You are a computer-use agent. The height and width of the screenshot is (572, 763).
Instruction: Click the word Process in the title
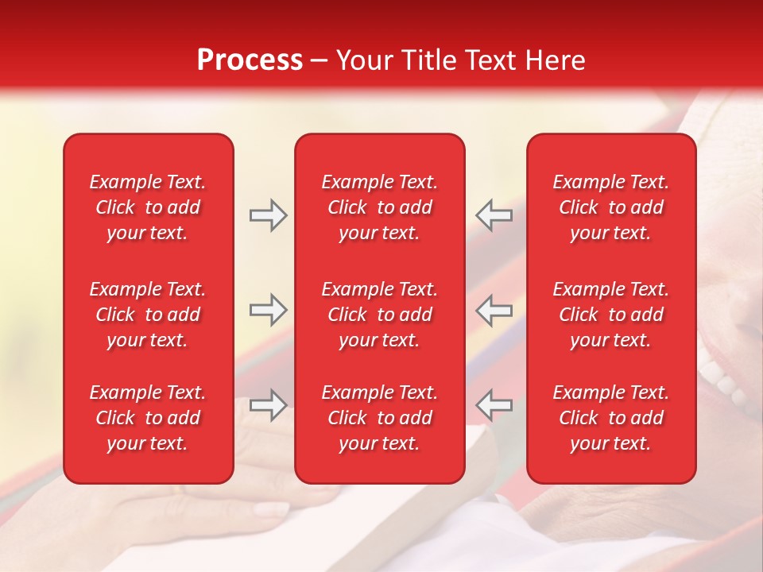pos(250,60)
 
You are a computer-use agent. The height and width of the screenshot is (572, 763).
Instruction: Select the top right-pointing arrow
pos(268,215)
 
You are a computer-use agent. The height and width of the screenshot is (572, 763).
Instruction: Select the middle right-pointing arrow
pos(268,310)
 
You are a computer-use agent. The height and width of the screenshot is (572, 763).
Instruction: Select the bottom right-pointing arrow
pos(268,404)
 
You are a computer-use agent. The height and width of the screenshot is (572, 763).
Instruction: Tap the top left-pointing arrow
pos(494,215)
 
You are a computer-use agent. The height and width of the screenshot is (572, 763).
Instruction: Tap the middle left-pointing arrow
pos(494,310)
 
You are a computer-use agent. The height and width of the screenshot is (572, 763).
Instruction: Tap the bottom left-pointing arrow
pos(494,404)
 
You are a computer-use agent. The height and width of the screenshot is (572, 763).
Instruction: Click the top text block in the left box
pos(148,207)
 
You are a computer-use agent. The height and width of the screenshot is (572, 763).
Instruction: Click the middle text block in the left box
pos(148,315)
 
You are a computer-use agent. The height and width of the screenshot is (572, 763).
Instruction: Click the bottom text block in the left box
pos(148,418)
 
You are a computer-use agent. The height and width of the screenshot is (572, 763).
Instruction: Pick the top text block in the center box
pos(379,207)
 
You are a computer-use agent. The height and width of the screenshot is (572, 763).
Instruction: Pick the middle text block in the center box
pos(379,315)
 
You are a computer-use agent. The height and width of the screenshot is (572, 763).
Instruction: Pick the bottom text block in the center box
pos(379,418)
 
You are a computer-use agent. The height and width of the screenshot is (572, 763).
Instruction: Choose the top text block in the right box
pos(610,207)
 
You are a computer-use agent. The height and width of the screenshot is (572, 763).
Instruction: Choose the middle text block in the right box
pos(610,315)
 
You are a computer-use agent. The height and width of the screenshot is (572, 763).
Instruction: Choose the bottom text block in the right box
pos(610,418)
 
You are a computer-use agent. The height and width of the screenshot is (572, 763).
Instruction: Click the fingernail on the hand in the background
pos(273,509)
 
